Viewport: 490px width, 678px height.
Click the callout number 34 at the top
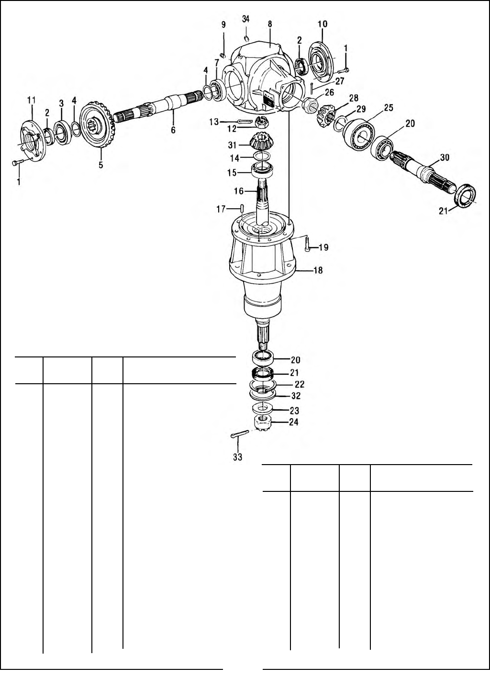(245, 19)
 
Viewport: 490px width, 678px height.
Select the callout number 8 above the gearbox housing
(270, 23)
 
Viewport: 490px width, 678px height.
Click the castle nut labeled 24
(262, 423)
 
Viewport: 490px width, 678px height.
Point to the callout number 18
(318, 270)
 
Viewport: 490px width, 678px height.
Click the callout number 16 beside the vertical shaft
(238, 191)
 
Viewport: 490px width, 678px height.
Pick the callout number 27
(339, 81)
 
